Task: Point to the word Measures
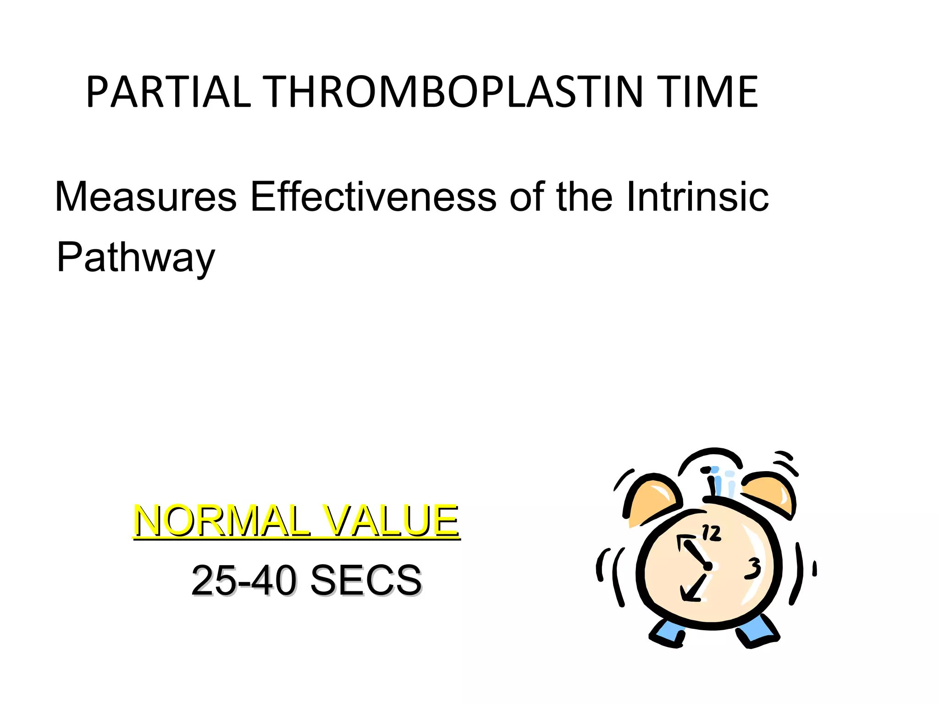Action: click(x=146, y=197)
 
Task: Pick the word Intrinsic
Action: click(x=697, y=197)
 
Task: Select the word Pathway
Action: click(x=136, y=258)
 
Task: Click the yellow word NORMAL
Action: click(x=222, y=521)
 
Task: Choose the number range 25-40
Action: click(x=243, y=580)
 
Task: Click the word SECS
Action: click(x=366, y=580)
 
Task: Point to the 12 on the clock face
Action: click(x=711, y=533)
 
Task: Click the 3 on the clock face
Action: click(x=753, y=568)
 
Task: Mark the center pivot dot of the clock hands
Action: click(x=708, y=566)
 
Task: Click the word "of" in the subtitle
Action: click(x=526, y=197)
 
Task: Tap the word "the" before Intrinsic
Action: click(x=584, y=197)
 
